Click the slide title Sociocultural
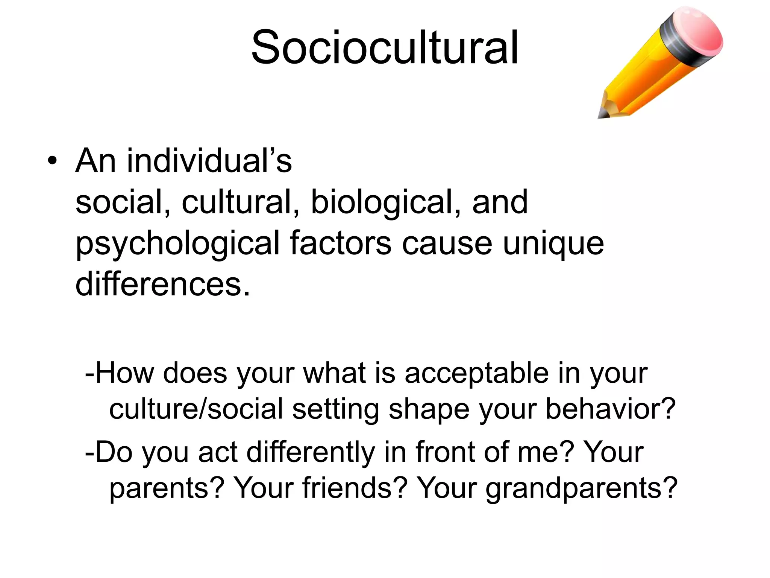tap(385, 48)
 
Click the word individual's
tap(209, 161)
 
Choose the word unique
tap(553, 243)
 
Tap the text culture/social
tap(196, 409)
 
